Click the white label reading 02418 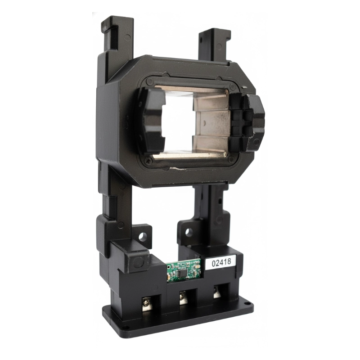pos(221,262)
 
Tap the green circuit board pos(184,270)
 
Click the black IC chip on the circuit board pos(183,272)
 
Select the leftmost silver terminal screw pos(147,303)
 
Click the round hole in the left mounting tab pos(142,236)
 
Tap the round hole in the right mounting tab pos(189,232)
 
